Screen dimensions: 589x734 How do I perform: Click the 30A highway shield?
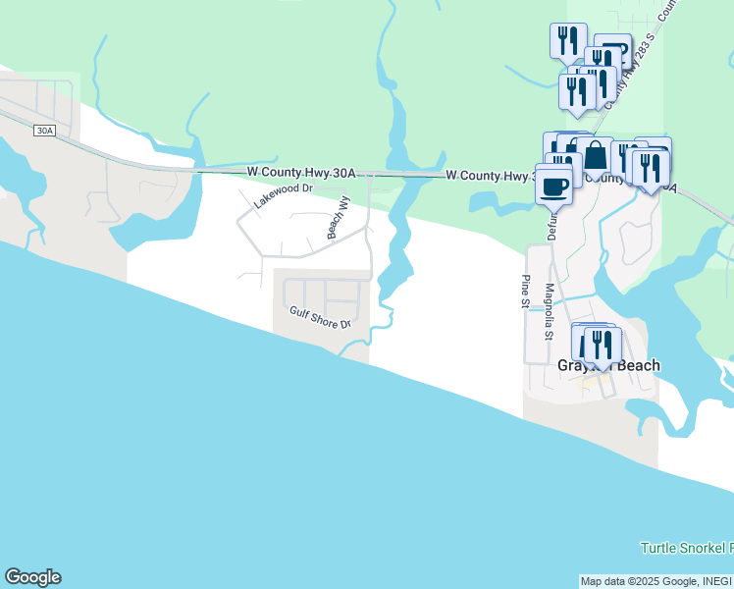pyautogui.click(x=43, y=131)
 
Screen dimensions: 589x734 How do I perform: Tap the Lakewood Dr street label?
pyautogui.click(x=283, y=195)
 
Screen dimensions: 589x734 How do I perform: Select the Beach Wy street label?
pyautogui.click(x=338, y=217)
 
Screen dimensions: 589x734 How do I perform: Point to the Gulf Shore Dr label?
pyautogui.click(x=320, y=317)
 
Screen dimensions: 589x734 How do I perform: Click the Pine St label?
pyautogui.click(x=525, y=292)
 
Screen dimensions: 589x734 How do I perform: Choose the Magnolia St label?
pyautogui.click(x=550, y=310)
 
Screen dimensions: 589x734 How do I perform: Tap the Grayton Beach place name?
pyautogui.click(x=608, y=366)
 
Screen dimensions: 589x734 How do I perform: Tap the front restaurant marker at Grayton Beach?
pyautogui.click(x=599, y=346)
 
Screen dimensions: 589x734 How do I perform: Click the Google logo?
pyautogui.click(x=32, y=577)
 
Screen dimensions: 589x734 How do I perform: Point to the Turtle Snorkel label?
pyautogui.click(x=686, y=547)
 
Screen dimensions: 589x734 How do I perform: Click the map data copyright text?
pyautogui.click(x=655, y=581)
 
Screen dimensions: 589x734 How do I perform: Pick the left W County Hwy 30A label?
pyautogui.click(x=300, y=173)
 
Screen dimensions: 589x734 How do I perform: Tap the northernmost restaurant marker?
pyautogui.click(x=568, y=40)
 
